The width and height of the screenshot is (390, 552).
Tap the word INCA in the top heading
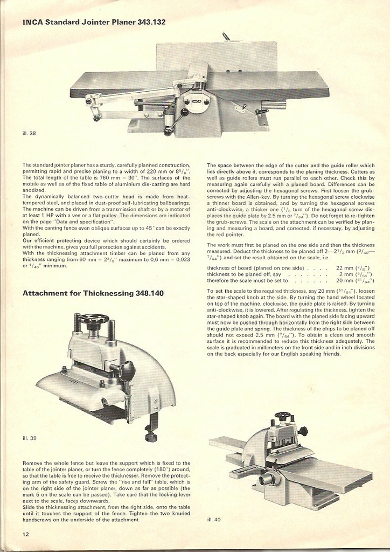(32, 23)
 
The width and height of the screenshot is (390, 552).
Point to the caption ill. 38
(29, 133)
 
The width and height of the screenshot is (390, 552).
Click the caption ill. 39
(30, 438)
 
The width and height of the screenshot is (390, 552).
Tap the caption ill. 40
(214, 520)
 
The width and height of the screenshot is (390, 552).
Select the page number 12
(26, 534)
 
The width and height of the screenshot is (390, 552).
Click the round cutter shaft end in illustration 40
(265, 479)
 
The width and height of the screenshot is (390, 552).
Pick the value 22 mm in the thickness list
(344, 268)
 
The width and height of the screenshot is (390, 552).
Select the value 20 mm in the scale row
(344, 281)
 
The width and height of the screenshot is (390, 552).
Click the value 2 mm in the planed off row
(346, 274)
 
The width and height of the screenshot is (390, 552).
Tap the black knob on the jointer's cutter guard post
(184, 112)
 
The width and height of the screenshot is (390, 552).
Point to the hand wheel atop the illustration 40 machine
(282, 416)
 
